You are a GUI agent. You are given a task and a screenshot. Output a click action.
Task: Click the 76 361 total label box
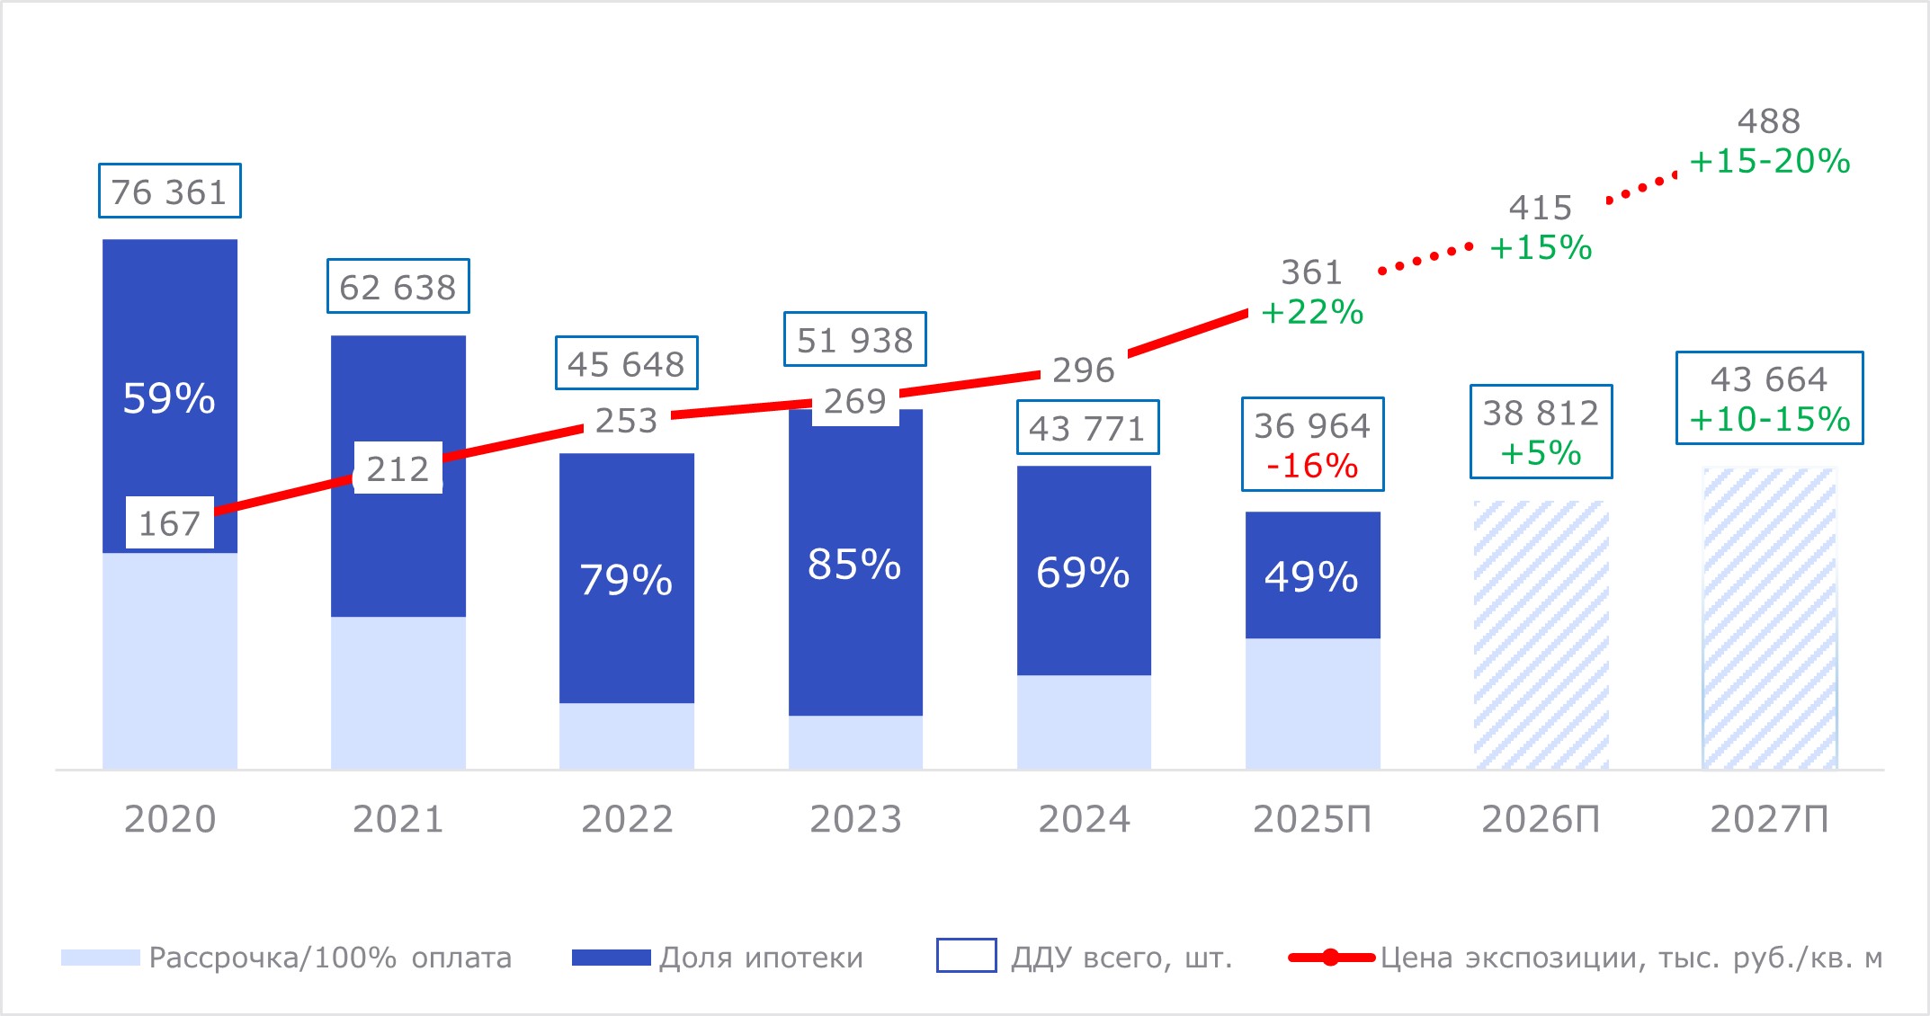(x=169, y=192)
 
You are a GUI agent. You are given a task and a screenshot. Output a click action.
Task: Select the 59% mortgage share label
(x=169, y=398)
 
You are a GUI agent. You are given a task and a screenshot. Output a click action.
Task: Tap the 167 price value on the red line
(x=169, y=523)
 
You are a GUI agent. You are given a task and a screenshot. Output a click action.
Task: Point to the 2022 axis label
(x=627, y=819)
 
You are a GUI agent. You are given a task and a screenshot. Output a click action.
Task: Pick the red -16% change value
(x=1312, y=466)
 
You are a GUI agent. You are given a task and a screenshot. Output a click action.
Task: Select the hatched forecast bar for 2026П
(x=1541, y=635)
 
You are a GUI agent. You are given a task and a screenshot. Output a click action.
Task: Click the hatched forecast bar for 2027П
(x=1769, y=619)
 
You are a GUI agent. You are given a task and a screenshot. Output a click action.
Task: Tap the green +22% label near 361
(x=1312, y=312)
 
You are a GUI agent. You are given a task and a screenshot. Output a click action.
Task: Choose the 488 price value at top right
(x=1768, y=121)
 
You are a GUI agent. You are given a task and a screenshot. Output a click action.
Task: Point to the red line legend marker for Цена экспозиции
(x=1331, y=958)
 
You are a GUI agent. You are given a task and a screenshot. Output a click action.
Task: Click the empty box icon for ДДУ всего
(x=966, y=956)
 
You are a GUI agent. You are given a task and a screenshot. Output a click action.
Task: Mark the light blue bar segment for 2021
(x=398, y=692)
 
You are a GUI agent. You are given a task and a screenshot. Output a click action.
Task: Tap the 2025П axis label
(x=1312, y=819)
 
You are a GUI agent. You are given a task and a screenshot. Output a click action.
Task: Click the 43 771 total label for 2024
(x=1087, y=428)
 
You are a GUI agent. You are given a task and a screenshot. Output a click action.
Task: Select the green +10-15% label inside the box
(x=1769, y=419)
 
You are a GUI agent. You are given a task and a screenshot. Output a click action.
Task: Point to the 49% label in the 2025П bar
(x=1311, y=577)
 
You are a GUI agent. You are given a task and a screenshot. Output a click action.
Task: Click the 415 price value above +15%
(x=1540, y=208)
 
